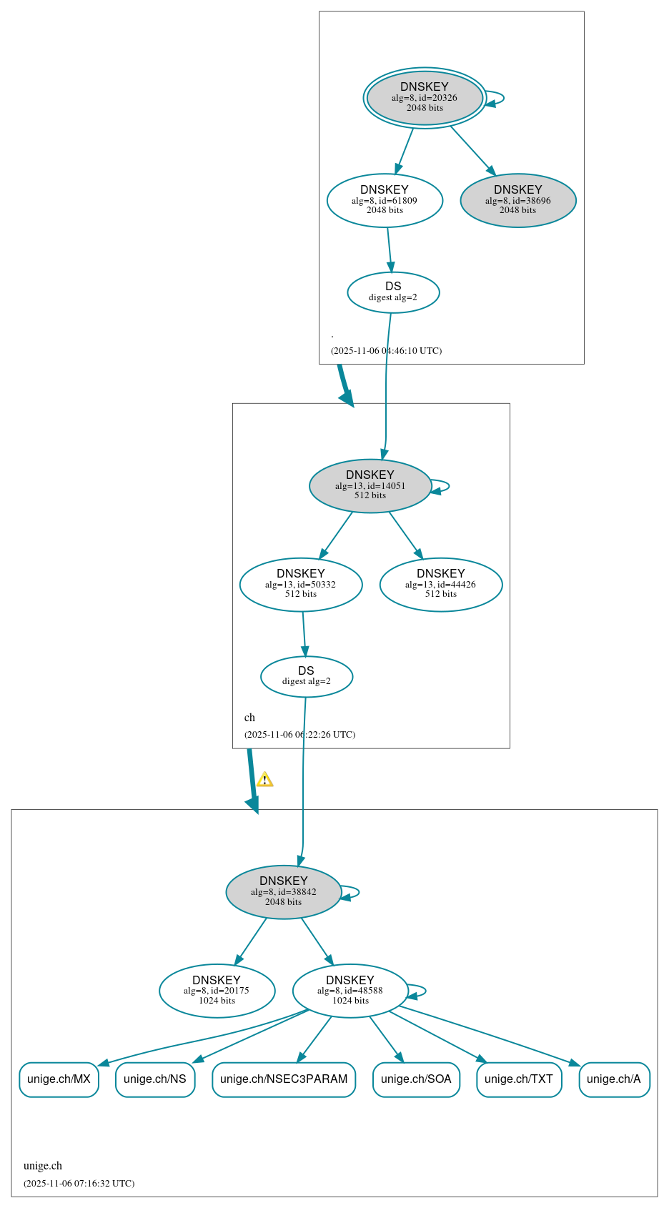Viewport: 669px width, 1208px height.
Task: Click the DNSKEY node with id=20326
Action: click(x=425, y=98)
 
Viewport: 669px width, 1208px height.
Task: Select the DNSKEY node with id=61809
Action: click(x=385, y=201)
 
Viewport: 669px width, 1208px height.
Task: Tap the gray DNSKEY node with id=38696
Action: click(x=518, y=201)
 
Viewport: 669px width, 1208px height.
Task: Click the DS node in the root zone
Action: click(x=393, y=292)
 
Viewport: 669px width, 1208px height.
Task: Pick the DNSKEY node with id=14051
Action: click(x=370, y=486)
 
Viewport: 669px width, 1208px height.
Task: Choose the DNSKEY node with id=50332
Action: click(x=301, y=585)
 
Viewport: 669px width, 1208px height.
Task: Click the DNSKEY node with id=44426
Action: click(x=441, y=585)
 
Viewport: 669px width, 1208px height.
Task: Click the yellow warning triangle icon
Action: click(x=264, y=780)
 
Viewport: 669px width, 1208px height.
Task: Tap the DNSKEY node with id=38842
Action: click(x=284, y=892)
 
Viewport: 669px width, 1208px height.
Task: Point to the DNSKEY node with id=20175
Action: click(x=217, y=991)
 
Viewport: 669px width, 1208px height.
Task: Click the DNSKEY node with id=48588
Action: click(x=350, y=991)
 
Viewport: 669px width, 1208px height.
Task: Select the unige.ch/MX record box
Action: click(x=59, y=1079)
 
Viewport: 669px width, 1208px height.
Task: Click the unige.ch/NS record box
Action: click(x=155, y=1079)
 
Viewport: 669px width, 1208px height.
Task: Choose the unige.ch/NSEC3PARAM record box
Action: click(x=284, y=1079)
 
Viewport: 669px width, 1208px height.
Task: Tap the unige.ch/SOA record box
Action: click(x=416, y=1079)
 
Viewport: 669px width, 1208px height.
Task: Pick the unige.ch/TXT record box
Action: click(x=519, y=1079)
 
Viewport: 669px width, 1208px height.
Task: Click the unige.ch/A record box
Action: click(x=614, y=1079)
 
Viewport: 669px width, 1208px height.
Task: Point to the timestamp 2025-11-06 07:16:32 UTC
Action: click(x=79, y=1184)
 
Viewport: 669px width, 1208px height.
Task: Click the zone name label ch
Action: click(x=249, y=718)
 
